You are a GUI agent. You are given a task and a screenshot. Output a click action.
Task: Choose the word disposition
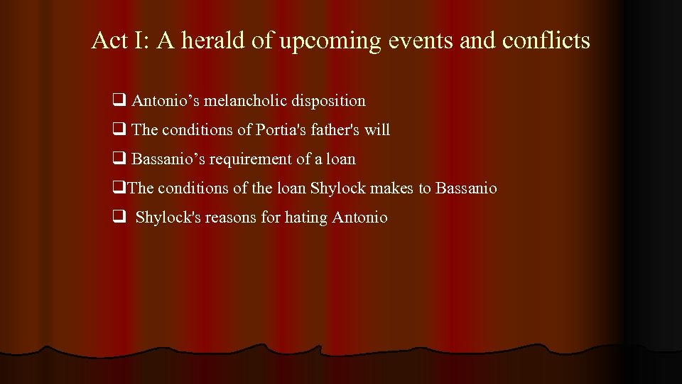[332, 102]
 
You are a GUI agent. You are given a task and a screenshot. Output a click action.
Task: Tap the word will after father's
[377, 130]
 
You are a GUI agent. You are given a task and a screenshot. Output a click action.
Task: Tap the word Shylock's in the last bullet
[168, 218]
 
